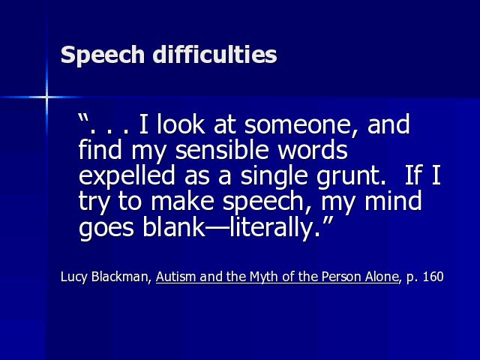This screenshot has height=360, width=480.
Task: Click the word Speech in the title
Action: click(103, 55)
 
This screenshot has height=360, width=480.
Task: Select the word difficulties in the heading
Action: click(215, 54)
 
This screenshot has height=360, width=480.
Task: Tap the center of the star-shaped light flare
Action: click(46, 97)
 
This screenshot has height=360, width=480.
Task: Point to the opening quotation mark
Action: click(82, 118)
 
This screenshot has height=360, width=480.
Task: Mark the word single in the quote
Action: click(273, 177)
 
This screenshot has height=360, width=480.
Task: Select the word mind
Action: click(393, 200)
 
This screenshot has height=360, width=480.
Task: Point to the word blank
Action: click(173, 226)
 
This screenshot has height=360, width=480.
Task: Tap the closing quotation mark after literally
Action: click(328, 220)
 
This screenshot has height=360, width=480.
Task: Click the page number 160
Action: click(433, 277)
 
